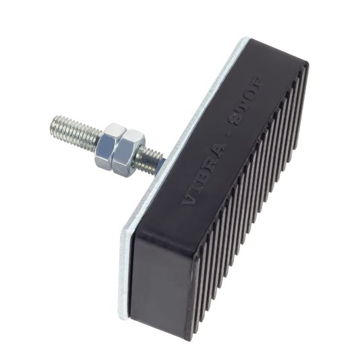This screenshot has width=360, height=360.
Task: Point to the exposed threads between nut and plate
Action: tap(148, 159)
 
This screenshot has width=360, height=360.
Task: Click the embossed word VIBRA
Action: tap(202, 175)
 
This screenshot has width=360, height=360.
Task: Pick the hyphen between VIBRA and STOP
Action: tap(224, 138)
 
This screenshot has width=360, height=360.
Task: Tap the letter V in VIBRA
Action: tap(188, 199)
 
